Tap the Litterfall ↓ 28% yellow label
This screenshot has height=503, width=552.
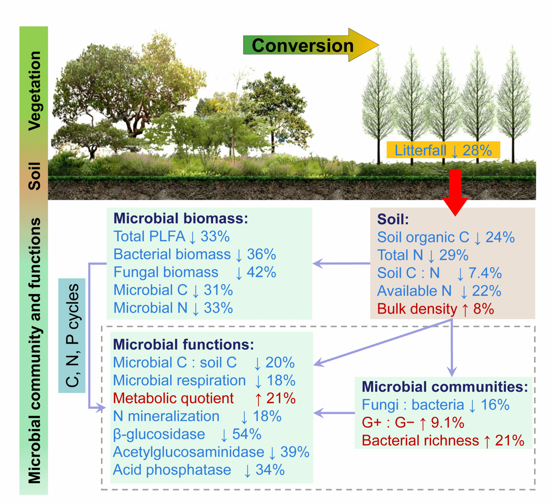click(443, 150)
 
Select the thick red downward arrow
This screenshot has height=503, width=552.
click(455, 191)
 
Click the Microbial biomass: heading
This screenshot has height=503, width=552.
click(181, 218)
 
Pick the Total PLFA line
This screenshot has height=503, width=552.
click(171, 237)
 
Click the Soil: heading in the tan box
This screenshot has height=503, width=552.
click(393, 219)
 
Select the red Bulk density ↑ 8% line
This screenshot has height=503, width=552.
click(435, 309)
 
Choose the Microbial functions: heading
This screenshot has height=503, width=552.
click(183, 344)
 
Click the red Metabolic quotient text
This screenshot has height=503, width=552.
click(173, 398)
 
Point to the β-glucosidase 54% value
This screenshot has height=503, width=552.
click(247, 434)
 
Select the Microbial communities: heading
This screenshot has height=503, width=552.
click(445, 387)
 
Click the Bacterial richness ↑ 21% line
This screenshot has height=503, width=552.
click(443, 441)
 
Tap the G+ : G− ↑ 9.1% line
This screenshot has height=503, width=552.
click(413, 423)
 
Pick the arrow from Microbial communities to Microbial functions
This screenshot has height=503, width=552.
click(334, 413)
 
